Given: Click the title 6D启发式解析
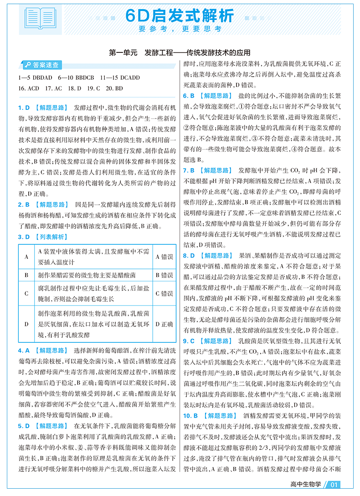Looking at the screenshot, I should coord(180,15).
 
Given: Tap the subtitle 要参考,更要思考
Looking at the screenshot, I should coord(180,29).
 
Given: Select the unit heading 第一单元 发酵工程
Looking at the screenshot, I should coord(180,52).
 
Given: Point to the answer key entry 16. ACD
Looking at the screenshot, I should coord(29,88).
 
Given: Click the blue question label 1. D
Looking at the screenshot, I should coord(24,108).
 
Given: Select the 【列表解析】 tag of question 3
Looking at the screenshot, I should coord(51,237).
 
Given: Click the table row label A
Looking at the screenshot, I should coord(26,257).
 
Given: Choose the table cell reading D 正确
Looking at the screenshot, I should coord(164,324).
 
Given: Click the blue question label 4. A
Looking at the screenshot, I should coord(24,351).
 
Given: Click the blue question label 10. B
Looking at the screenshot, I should coord(190,416).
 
